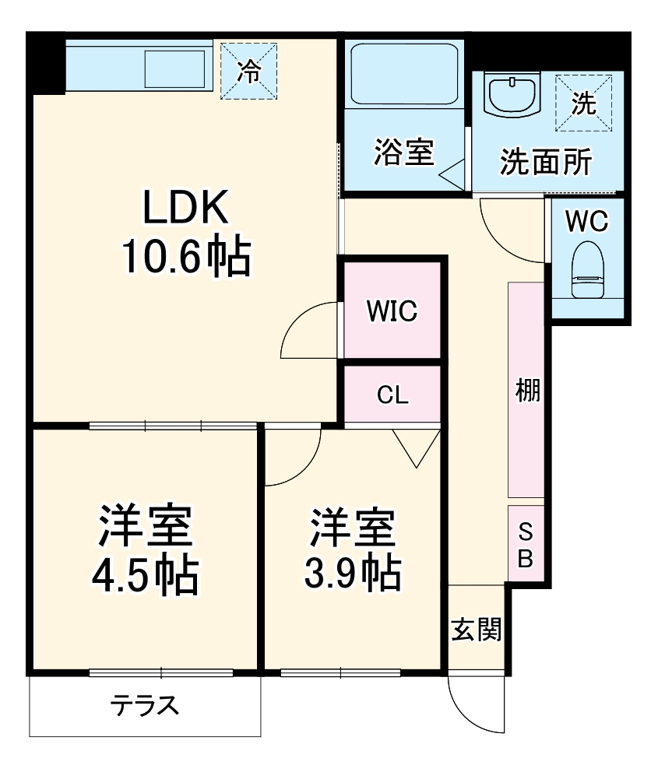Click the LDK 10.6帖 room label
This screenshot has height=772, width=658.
[185, 232]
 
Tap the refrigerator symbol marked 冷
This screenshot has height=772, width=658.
[248, 72]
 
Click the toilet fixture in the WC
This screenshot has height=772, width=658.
[589, 269]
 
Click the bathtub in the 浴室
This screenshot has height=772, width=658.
[403, 74]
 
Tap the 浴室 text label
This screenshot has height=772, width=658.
[403, 152]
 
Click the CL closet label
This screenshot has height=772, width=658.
[392, 395]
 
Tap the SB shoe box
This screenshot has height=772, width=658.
[526, 544]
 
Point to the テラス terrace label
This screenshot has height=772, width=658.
[145, 706]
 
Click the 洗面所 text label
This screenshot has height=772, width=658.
[545, 161]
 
